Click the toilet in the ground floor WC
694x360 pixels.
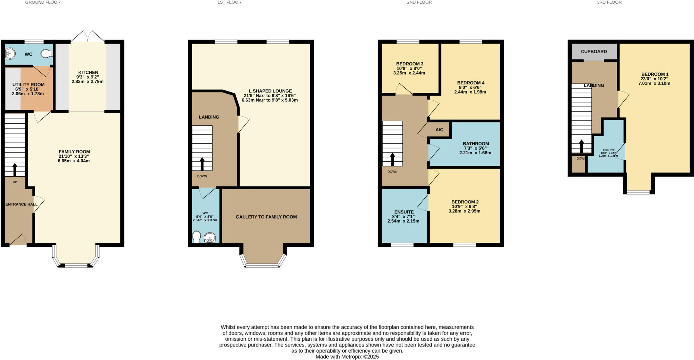point(46,54)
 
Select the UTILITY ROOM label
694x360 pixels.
point(28,84)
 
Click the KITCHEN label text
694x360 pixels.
point(88,72)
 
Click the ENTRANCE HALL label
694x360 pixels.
point(21,204)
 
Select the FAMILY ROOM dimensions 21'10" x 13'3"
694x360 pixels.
point(74,156)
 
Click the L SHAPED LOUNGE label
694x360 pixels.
point(270,91)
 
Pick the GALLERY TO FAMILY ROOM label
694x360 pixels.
point(266,217)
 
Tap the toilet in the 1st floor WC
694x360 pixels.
point(196,237)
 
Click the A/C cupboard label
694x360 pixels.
point(439,129)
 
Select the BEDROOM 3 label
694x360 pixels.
point(410,64)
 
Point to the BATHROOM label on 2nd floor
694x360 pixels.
point(476,143)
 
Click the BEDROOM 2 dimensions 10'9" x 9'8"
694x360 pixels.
point(464,206)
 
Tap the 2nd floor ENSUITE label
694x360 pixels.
point(404,212)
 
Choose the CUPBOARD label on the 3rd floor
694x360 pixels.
point(594,52)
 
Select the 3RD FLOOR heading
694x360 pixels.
point(609,2)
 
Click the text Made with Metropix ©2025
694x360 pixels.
point(347,357)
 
